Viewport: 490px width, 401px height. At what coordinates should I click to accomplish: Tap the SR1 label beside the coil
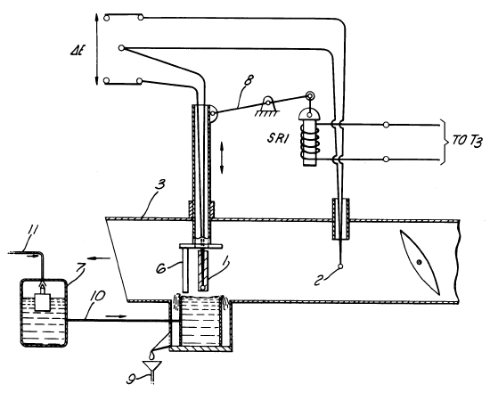click(277, 138)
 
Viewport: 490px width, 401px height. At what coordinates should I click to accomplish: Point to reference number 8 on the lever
click(249, 80)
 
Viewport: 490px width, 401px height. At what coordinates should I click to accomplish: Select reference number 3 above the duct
click(161, 185)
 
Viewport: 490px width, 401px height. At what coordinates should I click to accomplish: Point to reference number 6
click(162, 268)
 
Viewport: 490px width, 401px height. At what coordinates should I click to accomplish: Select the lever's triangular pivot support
click(267, 107)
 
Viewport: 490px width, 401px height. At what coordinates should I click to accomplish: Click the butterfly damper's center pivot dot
click(419, 261)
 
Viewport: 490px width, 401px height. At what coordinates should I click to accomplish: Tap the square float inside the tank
click(43, 301)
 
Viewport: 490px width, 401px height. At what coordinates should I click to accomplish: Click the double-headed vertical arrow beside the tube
click(222, 158)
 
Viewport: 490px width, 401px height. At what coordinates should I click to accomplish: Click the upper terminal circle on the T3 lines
click(387, 125)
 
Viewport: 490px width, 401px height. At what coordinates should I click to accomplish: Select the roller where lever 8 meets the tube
click(214, 113)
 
